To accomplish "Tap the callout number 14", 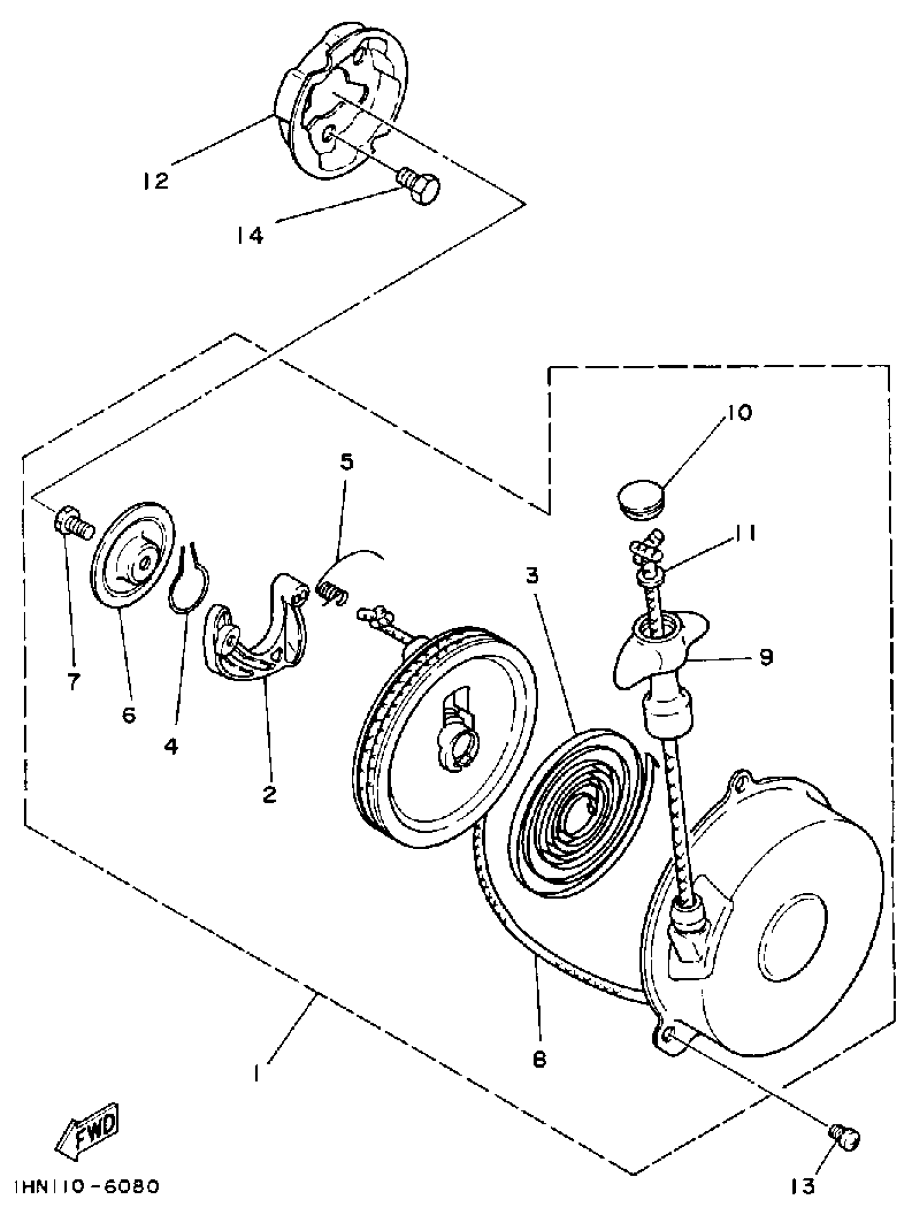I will coord(250,235).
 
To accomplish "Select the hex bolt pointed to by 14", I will coord(420,186).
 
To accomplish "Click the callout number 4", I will coord(171,745).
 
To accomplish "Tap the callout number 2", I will coord(268,795).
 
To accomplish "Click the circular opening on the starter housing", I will coord(792,935).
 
